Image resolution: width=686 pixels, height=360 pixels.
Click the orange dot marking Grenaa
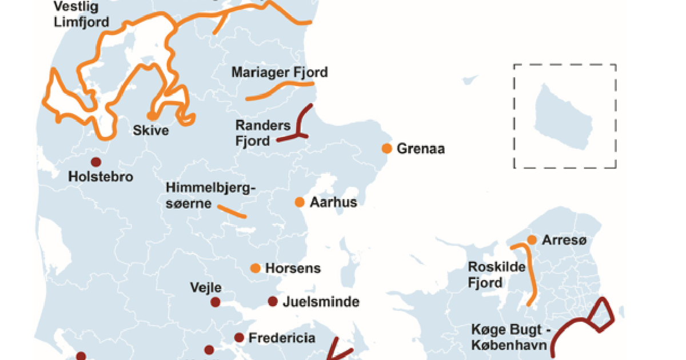tap(387, 149)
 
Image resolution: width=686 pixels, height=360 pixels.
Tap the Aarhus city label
tap(333, 202)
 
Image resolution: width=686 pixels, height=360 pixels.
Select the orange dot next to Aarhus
tap(299, 202)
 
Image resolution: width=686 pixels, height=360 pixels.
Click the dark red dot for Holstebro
tap(95, 162)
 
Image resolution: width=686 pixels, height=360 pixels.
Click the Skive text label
tap(150, 131)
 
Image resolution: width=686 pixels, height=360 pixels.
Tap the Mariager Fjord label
tap(280, 73)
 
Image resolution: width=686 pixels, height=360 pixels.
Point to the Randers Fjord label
tap(254, 133)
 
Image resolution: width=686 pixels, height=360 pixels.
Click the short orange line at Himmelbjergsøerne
tap(232, 211)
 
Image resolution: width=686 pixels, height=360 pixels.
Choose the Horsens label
tap(293, 268)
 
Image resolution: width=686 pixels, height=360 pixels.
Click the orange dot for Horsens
tap(256, 268)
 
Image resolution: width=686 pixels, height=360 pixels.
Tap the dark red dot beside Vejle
tap(216, 302)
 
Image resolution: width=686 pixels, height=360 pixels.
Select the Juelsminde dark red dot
tap(273, 302)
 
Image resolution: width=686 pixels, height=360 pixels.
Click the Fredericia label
tap(281, 338)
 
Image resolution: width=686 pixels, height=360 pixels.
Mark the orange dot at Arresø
tap(532, 240)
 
